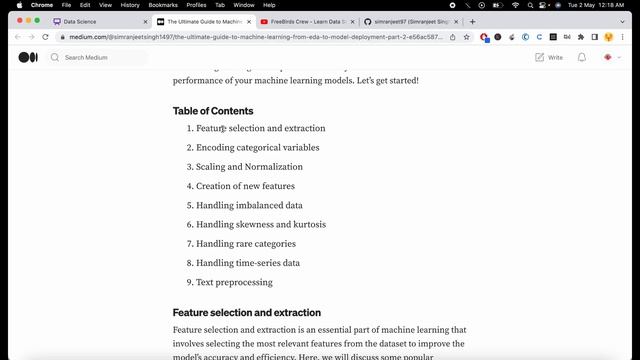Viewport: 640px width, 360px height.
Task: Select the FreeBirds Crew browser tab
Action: pyautogui.click(x=306, y=21)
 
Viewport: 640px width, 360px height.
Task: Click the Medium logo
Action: pyautogui.click(x=28, y=57)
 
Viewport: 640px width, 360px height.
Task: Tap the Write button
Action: pyautogui.click(x=549, y=57)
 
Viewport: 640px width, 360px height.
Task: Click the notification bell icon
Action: pyautogui.click(x=581, y=57)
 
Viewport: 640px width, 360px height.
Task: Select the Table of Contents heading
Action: pyautogui.click(x=213, y=111)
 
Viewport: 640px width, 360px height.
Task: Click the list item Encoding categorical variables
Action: pyautogui.click(x=258, y=147)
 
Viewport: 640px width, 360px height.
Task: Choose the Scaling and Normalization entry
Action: pyautogui.click(x=249, y=167)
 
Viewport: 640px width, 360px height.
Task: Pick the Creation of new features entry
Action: pyautogui.click(x=245, y=186)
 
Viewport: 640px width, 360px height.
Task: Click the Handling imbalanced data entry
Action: pyautogui.click(x=249, y=205)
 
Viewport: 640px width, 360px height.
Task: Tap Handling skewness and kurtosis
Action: pyautogui.click(x=261, y=224)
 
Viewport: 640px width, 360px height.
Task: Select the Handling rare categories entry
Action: pyautogui.click(x=246, y=243)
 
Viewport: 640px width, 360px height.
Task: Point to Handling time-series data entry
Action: pyautogui.click(x=248, y=263)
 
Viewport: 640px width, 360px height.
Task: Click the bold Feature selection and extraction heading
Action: pyautogui.click(x=247, y=313)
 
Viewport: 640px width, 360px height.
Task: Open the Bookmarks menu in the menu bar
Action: pyautogui.click(x=163, y=5)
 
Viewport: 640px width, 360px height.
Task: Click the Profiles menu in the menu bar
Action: pyautogui.click(x=196, y=5)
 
